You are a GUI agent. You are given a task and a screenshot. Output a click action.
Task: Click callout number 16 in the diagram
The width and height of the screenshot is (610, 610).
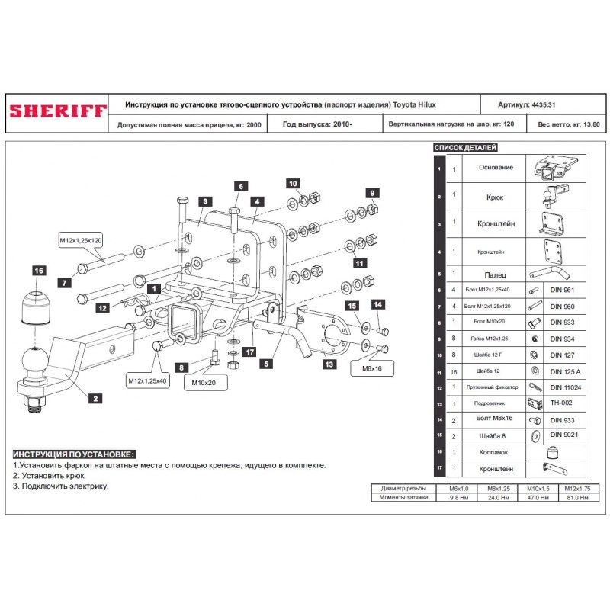(39, 271)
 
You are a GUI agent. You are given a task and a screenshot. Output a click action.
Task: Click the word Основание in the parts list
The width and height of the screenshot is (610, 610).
(496, 167)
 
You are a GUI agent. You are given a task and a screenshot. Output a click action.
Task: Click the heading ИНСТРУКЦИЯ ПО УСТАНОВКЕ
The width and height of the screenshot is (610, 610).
(74, 454)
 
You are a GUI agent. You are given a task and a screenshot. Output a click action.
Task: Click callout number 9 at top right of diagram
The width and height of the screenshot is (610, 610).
(372, 193)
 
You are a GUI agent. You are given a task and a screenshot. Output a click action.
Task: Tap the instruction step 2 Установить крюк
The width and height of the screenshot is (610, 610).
(50, 475)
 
